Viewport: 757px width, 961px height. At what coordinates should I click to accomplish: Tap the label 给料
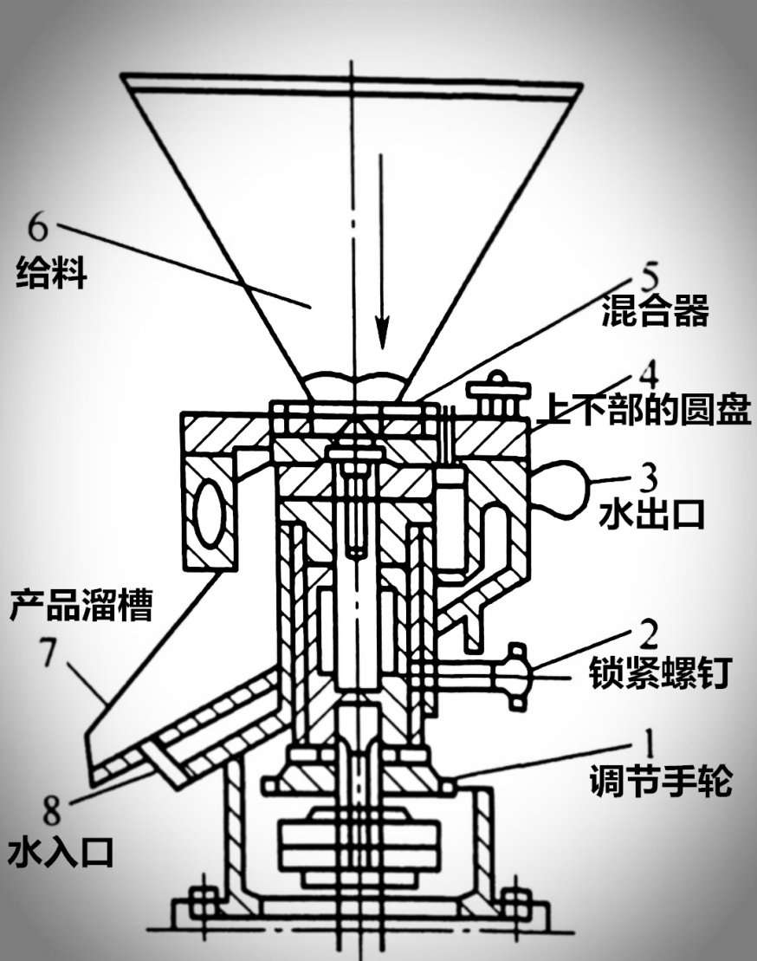coord(52,276)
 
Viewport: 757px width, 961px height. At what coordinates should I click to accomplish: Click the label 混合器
coord(655,311)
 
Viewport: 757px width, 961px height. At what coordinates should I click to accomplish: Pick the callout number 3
coord(646,477)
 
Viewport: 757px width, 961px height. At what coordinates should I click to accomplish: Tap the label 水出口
coord(650,514)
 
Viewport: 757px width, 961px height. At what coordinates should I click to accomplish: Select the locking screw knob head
coord(517,677)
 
